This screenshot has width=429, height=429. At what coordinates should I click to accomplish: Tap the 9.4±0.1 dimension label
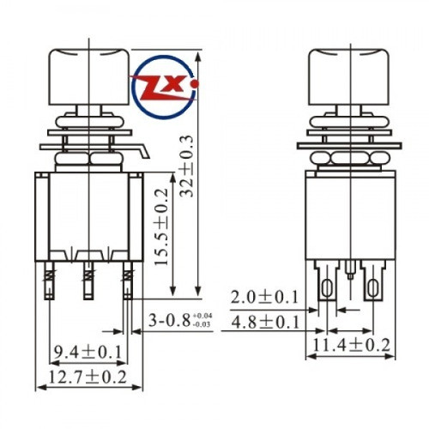tap(87, 352)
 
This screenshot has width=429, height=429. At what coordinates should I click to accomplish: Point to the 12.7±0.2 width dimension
tap(87, 377)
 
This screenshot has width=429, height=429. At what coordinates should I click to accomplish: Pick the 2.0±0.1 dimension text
tap(263, 297)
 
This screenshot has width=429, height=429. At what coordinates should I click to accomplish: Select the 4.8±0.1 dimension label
tap(263, 322)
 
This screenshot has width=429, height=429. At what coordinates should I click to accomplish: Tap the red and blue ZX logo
tap(160, 83)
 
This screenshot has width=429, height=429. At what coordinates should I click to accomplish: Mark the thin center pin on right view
tap(351, 276)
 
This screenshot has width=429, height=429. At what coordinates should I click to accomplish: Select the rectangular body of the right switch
tap(350, 214)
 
